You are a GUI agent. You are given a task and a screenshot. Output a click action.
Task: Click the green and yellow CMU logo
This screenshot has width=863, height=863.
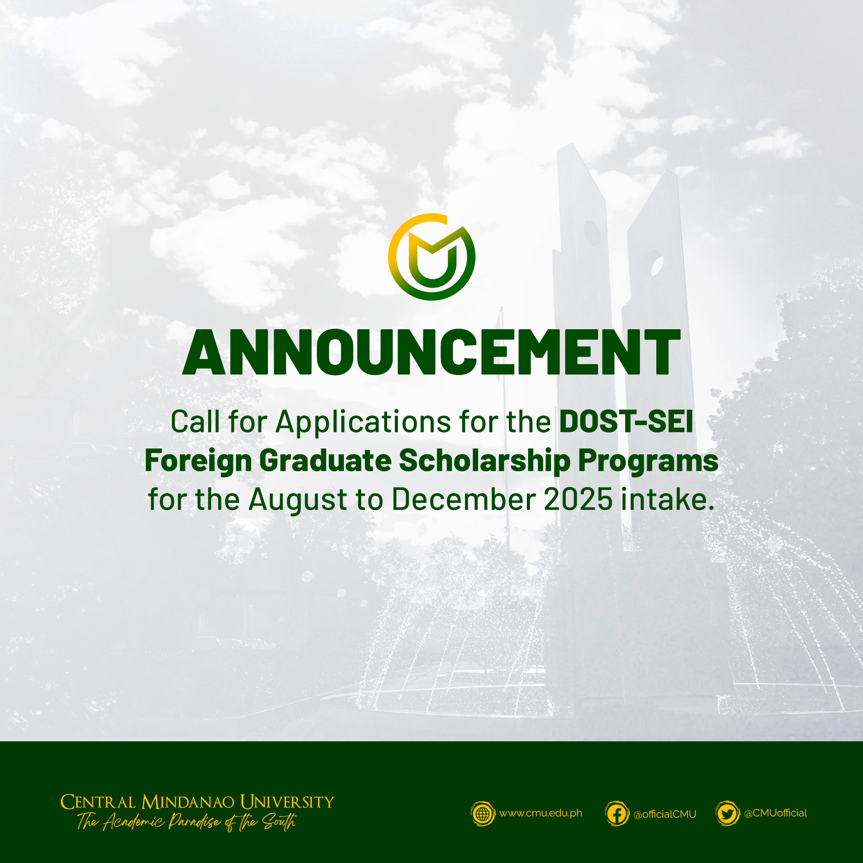tap(431, 257)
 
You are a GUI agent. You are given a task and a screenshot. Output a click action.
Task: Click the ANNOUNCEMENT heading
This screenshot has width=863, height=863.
tap(431, 353)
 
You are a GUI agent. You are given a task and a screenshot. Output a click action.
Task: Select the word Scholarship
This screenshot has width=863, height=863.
tap(485, 460)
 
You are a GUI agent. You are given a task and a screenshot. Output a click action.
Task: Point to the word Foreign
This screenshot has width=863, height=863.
tap(198, 461)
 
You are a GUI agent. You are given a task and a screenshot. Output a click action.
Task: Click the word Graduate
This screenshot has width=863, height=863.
tap(325, 460)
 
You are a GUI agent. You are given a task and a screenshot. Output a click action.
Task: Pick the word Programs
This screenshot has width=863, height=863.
tap(648, 461)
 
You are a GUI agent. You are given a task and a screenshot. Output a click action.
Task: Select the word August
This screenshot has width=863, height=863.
tap(297, 500)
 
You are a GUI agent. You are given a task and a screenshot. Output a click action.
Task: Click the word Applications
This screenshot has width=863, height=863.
tap(363, 422)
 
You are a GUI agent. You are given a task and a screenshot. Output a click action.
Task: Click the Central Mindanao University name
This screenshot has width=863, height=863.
tap(197, 802)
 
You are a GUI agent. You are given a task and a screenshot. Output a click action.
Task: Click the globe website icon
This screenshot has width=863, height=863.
tap(483, 813)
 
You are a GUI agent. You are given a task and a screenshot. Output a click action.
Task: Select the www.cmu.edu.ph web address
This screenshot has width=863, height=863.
tap(541, 813)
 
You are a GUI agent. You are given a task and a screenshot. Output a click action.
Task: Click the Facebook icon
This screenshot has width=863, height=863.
tap(617, 814)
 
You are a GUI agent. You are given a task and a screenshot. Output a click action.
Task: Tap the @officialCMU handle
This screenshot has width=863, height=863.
tap(665, 814)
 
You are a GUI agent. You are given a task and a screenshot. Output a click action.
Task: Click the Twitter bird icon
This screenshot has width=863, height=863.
tap(727, 814)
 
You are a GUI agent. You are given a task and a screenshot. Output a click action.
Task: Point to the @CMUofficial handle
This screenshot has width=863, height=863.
tap(775, 813)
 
